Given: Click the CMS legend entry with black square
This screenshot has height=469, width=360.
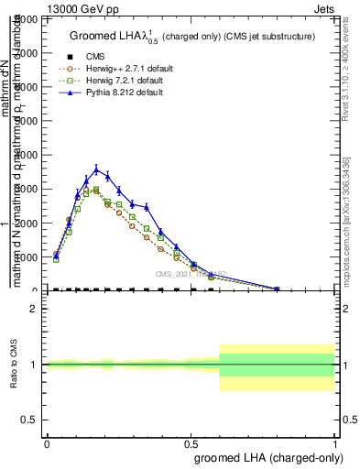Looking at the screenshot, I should pyautogui.click(x=95, y=56).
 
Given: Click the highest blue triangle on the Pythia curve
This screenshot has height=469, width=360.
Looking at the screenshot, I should pyautogui.click(x=96, y=169).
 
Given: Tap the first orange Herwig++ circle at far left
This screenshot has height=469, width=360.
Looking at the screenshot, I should pyautogui.click(x=56, y=255).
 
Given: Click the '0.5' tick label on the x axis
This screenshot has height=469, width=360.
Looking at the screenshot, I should pyautogui.click(x=191, y=443).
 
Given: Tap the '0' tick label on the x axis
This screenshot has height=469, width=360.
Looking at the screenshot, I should pyautogui.click(x=47, y=443).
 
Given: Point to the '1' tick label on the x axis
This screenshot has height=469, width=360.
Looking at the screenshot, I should pyautogui.click(x=334, y=443).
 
